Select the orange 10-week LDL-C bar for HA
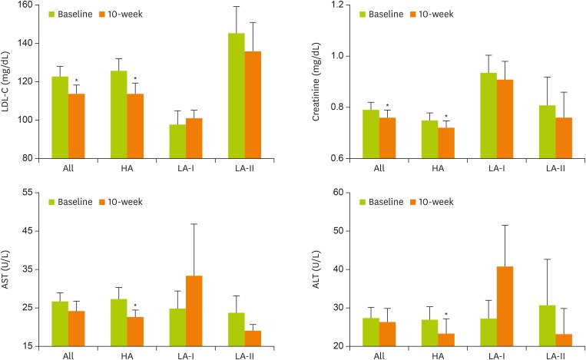[x=134, y=126]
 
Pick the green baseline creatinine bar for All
[x=371, y=134]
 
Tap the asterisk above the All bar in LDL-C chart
[x=76, y=81]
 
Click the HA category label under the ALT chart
[x=430, y=356]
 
